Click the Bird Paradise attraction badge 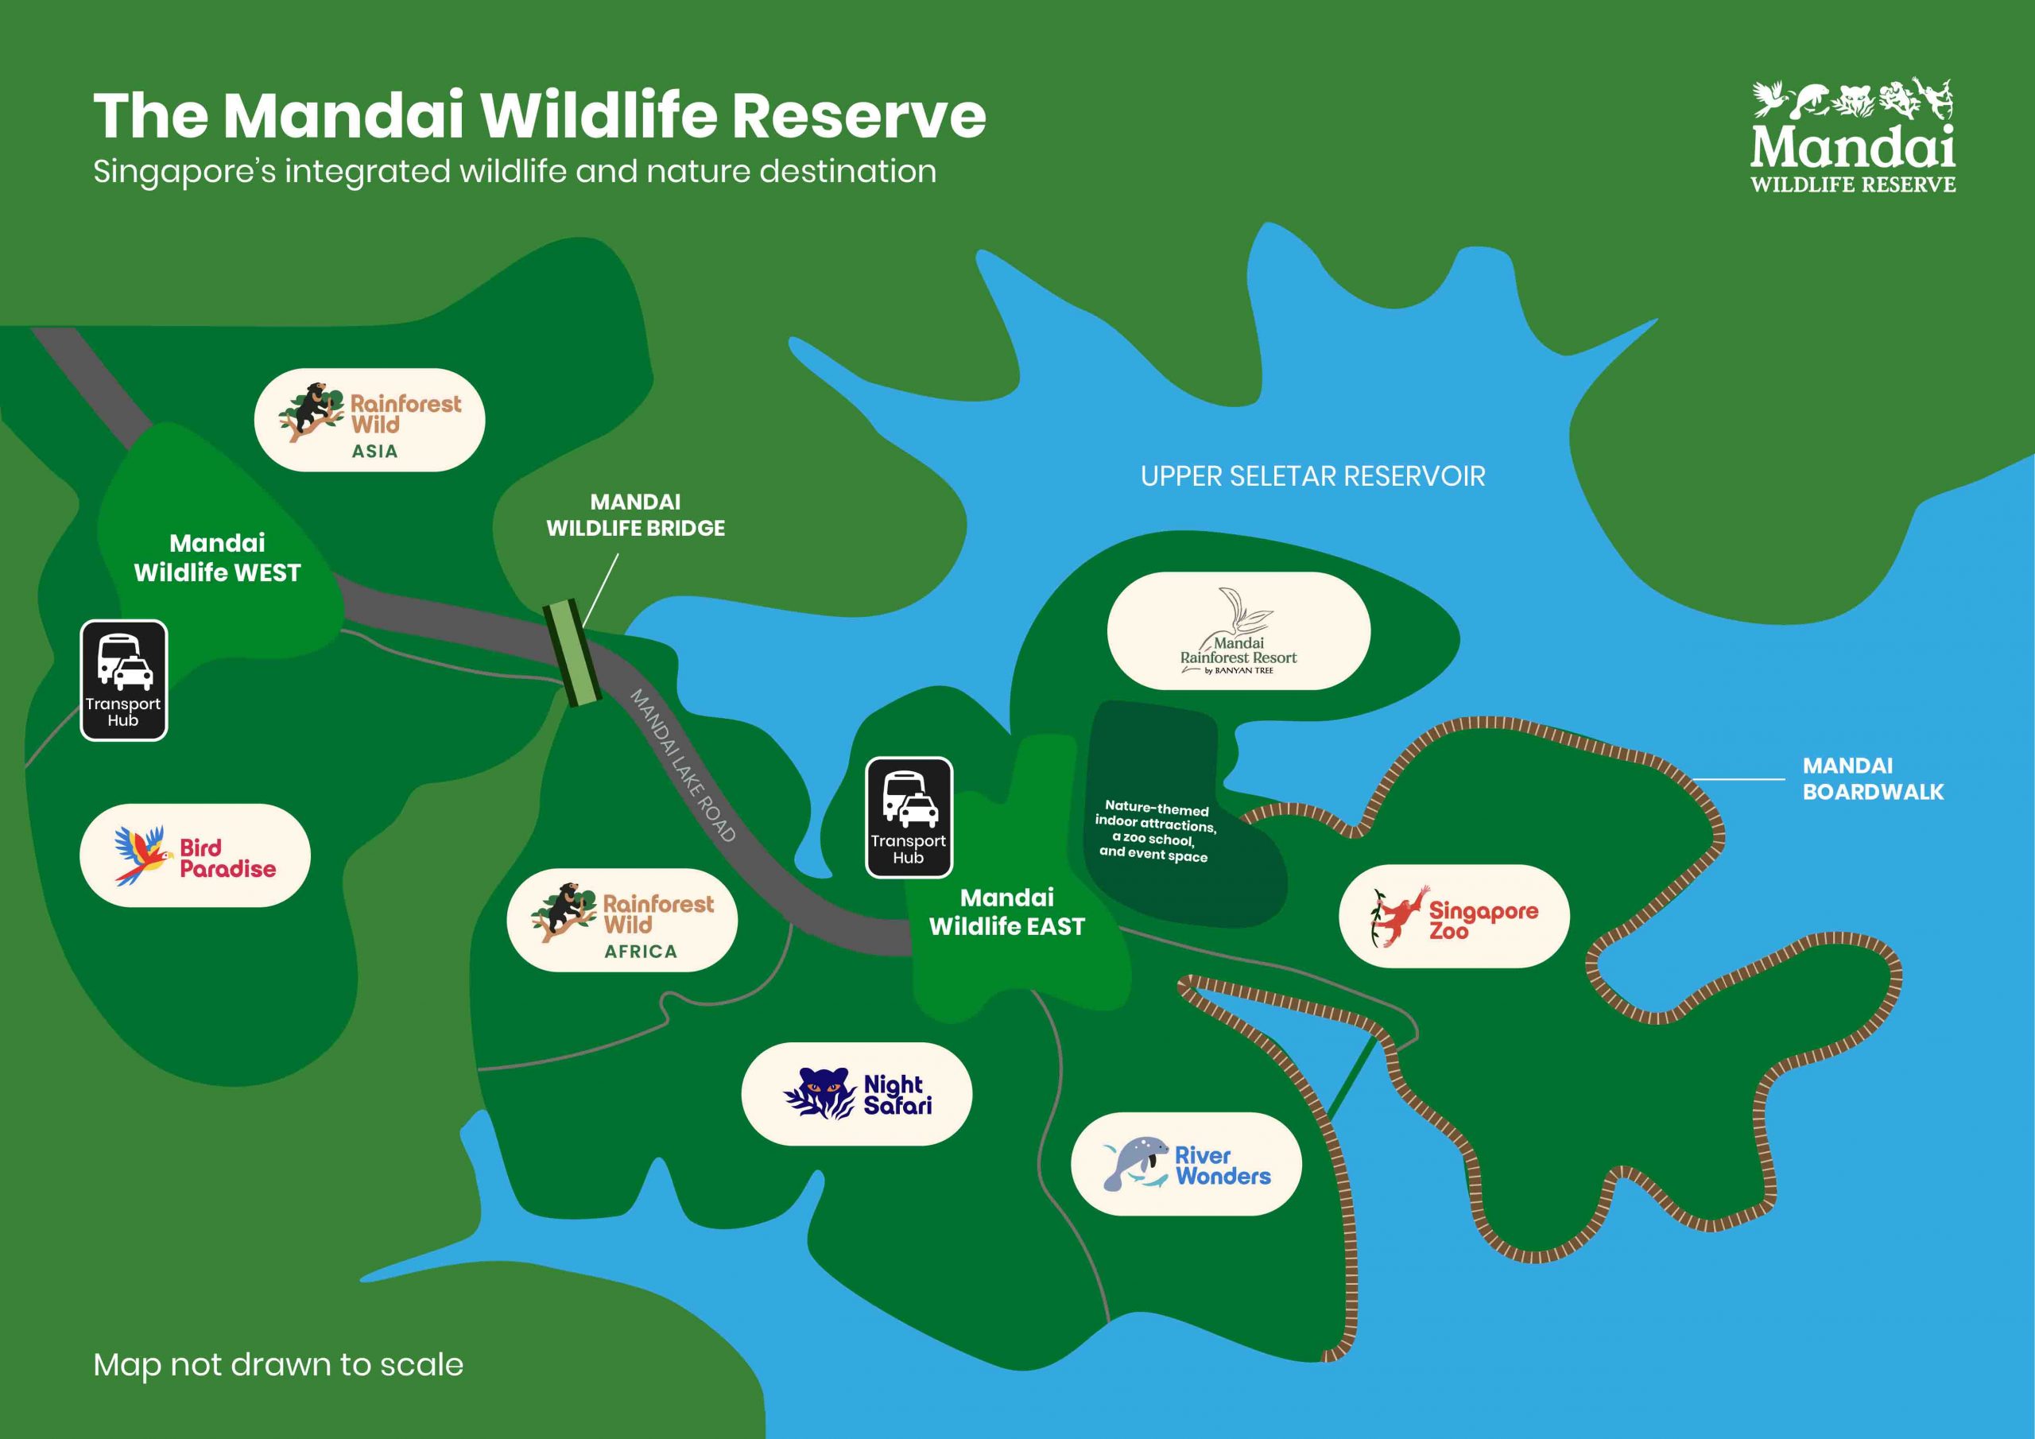[x=195, y=855]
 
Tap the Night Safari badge [x=856, y=1093]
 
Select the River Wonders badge [x=1186, y=1163]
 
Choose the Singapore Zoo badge [x=1454, y=916]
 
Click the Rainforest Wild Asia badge [x=370, y=419]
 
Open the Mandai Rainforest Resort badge [x=1238, y=630]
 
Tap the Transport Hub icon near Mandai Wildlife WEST [x=124, y=680]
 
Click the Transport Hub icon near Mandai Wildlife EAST [x=909, y=817]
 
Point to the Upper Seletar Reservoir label [x=1312, y=476]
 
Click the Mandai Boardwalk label [x=1873, y=778]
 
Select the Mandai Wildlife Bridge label [x=635, y=515]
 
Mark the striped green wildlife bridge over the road [x=572, y=653]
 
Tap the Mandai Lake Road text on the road [x=684, y=764]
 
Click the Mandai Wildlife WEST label [x=217, y=557]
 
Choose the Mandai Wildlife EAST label [x=1007, y=911]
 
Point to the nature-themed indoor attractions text [x=1155, y=831]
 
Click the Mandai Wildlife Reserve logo [x=1853, y=136]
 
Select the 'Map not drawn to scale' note [x=278, y=1364]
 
